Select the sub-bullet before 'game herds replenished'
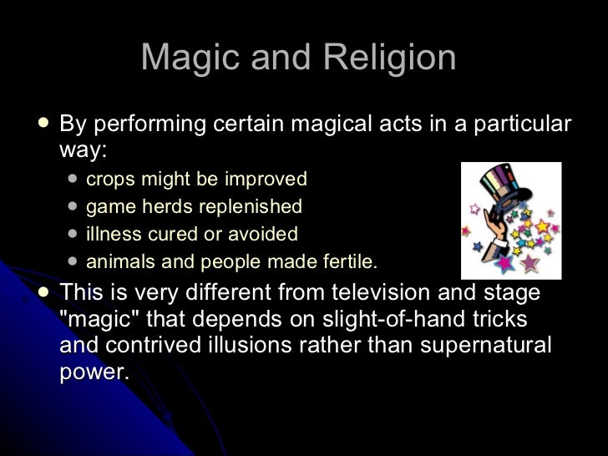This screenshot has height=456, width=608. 73,205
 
